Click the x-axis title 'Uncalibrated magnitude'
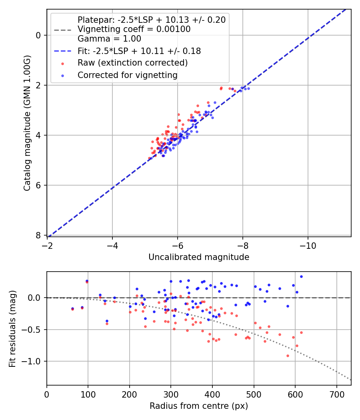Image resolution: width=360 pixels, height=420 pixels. [199, 257]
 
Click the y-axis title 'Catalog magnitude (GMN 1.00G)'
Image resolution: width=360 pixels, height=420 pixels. [27, 123]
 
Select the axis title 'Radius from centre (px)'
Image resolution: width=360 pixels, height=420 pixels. [199, 406]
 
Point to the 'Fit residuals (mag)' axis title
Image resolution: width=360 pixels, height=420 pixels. [12, 328]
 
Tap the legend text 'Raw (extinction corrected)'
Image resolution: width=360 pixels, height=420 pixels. [132, 63]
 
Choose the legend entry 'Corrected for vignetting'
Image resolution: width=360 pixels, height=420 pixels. [128, 75]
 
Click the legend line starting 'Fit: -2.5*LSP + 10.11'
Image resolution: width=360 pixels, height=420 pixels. [139, 51]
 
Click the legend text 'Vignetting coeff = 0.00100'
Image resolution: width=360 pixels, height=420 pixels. [134, 29]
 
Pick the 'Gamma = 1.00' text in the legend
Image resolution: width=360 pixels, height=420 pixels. [109, 39]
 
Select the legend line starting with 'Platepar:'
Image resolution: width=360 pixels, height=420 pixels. [151, 20]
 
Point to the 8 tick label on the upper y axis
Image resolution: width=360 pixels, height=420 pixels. [39, 235]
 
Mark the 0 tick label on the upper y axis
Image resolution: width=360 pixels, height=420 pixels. [39, 35]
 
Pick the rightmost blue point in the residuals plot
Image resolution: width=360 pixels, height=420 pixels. [301, 276]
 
